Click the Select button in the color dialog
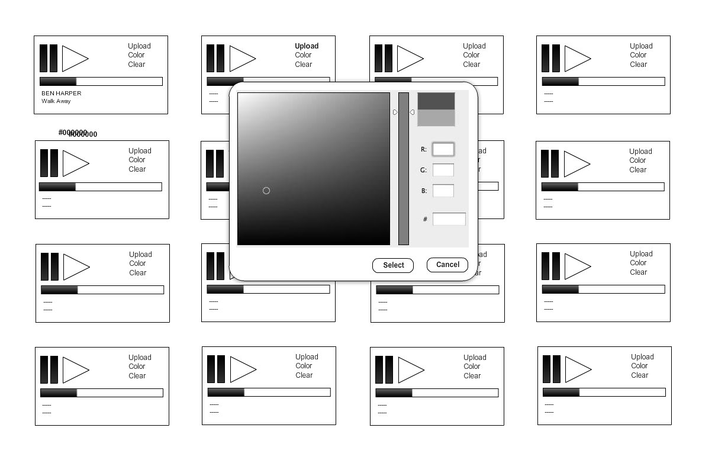tap(393, 265)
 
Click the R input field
tap(443, 149)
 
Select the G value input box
tap(443, 170)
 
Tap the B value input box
tap(443, 191)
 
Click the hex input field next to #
tap(449, 219)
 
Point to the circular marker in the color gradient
tap(266, 191)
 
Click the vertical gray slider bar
tap(404, 169)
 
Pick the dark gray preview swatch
tap(436, 101)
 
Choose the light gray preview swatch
tap(436, 118)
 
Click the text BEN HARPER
tap(62, 94)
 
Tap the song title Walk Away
tap(56, 101)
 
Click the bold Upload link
tap(307, 46)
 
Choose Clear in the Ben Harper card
tap(137, 65)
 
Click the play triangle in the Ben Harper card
tap(74, 58)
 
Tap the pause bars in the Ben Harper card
tap(49, 58)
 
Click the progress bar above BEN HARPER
tap(101, 82)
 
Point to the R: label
tap(423, 150)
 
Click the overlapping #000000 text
tap(78, 133)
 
